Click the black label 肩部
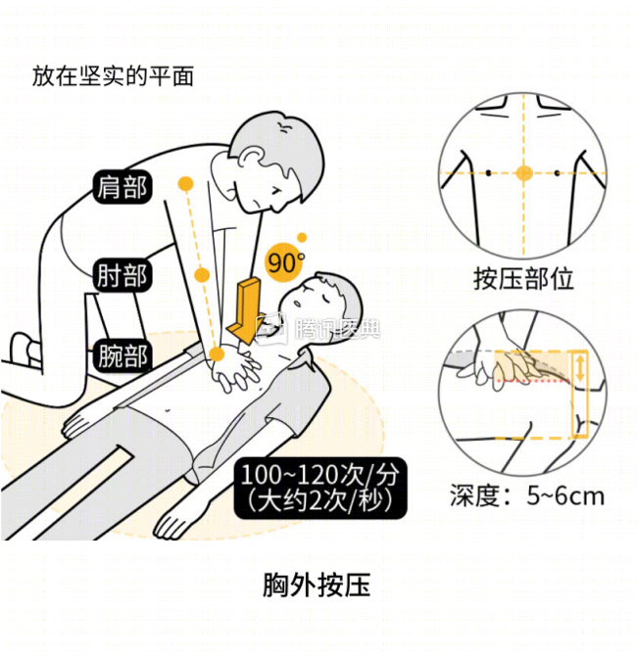(122, 186)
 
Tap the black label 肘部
(122, 275)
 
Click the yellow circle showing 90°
(283, 262)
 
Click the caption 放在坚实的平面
(113, 75)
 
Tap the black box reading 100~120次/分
(320, 489)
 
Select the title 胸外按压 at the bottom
(317, 586)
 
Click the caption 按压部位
(523, 279)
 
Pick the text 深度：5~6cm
(527, 495)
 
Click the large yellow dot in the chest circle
(524, 173)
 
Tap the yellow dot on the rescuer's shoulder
(183, 183)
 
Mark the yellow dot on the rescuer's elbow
(202, 275)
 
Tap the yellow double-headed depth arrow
(579, 369)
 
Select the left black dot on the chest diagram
(489, 173)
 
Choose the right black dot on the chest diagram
(558, 173)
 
